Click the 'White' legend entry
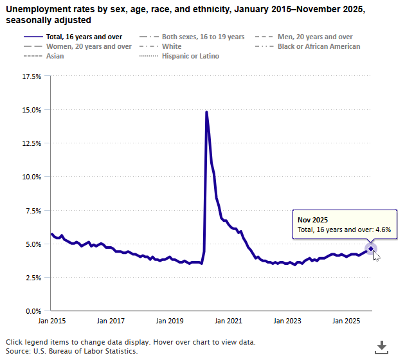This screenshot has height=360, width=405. [x=172, y=46]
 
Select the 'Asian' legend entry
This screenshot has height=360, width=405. [x=55, y=56]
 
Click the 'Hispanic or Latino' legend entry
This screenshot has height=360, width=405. [x=191, y=56]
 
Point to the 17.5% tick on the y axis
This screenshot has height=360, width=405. [x=32, y=76]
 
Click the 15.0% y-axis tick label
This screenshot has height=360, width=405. [x=32, y=110]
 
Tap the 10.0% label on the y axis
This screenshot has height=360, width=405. [x=32, y=177]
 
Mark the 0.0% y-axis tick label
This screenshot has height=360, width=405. [x=33, y=311]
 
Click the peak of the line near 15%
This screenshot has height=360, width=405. [x=206, y=113]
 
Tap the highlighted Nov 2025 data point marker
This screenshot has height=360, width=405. [x=371, y=249]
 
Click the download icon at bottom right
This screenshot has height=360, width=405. [x=382, y=346]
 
